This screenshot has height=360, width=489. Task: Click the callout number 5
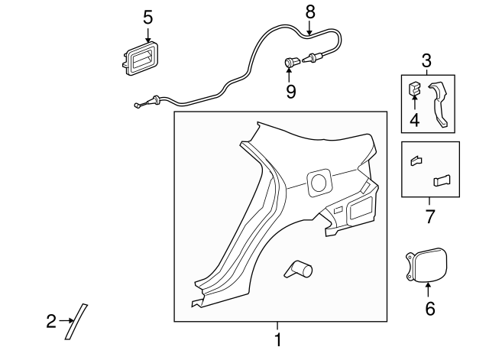pyautogui.click(x=148, y=18)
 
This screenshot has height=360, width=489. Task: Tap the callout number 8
pyautogui.click(x=310, y=12)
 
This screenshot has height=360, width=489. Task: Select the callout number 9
pyautogui.click(x=290, y=92)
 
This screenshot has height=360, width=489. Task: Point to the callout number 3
pyautogui.click(x=426, y=60)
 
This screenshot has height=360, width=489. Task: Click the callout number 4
pyautogui.click(x=414, y=120)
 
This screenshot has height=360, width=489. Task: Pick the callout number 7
pyautogui.click(x=430, y=216)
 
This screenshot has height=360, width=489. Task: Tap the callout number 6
pyautogui.click(x=430, y=309)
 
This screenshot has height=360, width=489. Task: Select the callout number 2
pyautogui.click(x=51, y=321)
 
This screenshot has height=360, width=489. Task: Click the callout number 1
pyautogui.click(x=277, y=339)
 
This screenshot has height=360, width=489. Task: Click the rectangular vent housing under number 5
pyautogui.click(x=141, y=59)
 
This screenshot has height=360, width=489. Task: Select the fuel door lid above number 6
pyautogui.click(x=426, y=265)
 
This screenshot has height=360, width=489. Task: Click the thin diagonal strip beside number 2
pyautogui.click(x=76, y=322)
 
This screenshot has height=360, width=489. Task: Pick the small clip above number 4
pyautogui.click(x=414, y=88)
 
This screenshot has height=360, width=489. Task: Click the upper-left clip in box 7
pyautogui.click(x=416, y=161)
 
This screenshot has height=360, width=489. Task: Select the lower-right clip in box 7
pyautogui.click(x=442, y=180)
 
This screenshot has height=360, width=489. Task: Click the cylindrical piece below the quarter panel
pyautogui.click(x=299, y=269)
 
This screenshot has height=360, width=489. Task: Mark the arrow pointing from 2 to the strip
pyautogui.click(x=66, y=320)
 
